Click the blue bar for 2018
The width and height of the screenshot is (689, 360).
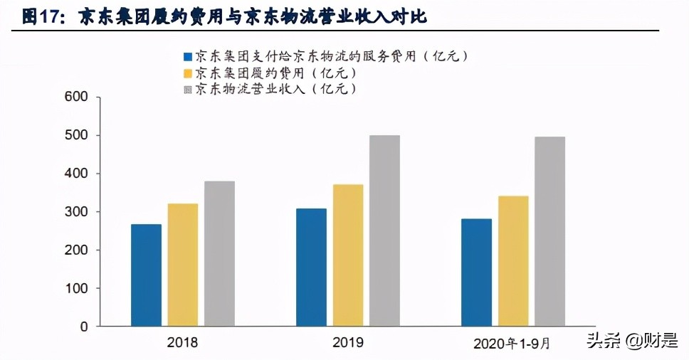pos(146,275)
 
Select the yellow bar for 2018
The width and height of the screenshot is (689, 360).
pos(183,265)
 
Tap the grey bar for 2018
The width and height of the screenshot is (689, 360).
pos(219,254)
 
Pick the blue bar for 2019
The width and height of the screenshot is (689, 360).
pos(311,268)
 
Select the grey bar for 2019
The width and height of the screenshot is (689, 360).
pos(384,231)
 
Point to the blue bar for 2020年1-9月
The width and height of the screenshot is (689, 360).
pos(476,272)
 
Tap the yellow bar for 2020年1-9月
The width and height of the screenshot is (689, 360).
pos(513,261)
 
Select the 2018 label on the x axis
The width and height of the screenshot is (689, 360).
pos(182,343)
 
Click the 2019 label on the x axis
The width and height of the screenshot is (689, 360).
pos(347,343)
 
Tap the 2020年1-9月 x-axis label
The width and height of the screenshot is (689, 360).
pos(512,344)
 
